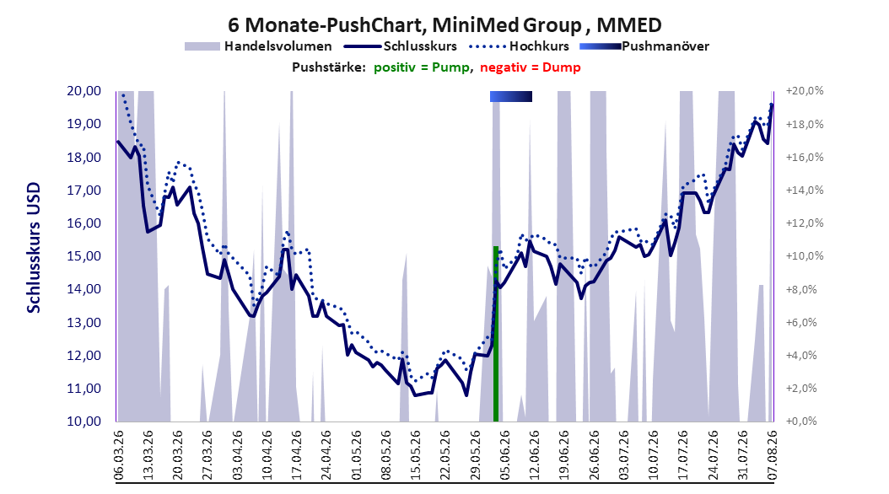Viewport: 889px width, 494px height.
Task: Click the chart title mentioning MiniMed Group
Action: pos(444,25)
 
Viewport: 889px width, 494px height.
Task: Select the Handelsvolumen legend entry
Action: pos(259,46)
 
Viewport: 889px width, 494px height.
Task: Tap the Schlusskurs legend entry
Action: pos(401,46)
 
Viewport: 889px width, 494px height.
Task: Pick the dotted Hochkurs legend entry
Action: pos(519,46)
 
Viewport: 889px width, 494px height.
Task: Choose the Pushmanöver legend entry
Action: pos(644,46)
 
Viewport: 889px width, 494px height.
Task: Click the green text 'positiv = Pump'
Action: pos(422,67)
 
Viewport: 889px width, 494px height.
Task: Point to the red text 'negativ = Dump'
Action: pos(531,67)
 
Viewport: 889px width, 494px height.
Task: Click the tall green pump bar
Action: pos(495,334)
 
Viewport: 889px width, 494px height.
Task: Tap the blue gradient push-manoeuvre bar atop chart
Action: pos(511,96)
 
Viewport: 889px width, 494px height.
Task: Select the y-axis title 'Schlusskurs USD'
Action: pos(34,247)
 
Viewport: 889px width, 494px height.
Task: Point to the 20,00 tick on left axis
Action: pos(84,91)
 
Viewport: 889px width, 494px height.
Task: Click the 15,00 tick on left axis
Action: pos(84,256)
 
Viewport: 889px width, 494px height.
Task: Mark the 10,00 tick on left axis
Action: pos(84,422)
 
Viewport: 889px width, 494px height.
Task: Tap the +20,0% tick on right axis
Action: pos(805,91)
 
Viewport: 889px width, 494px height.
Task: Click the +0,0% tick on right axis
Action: pos(801,422)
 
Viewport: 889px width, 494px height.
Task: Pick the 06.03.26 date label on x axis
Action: pos(118,455)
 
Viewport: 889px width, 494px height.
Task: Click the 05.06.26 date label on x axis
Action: pos(504,455)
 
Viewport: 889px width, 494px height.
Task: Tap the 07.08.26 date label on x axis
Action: pos(772,455)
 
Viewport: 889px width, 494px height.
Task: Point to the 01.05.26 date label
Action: pos(356,455)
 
